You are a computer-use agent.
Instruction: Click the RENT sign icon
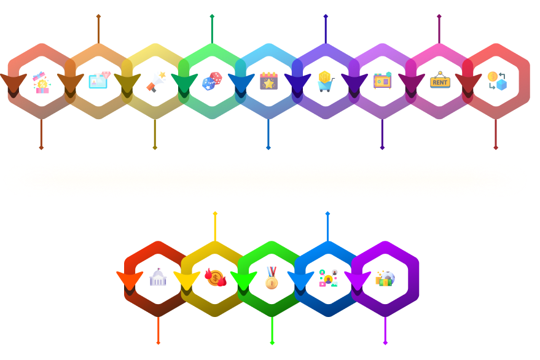(x=440, y=80)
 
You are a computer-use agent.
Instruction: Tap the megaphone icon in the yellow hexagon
(x=156, y=80)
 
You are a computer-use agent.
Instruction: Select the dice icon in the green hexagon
(x=212, y=80)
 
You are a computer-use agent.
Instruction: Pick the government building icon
(x=158, y=278)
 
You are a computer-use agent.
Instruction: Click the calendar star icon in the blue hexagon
(x=268, y=80)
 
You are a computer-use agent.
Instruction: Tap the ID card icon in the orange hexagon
(x=99, y=80)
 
